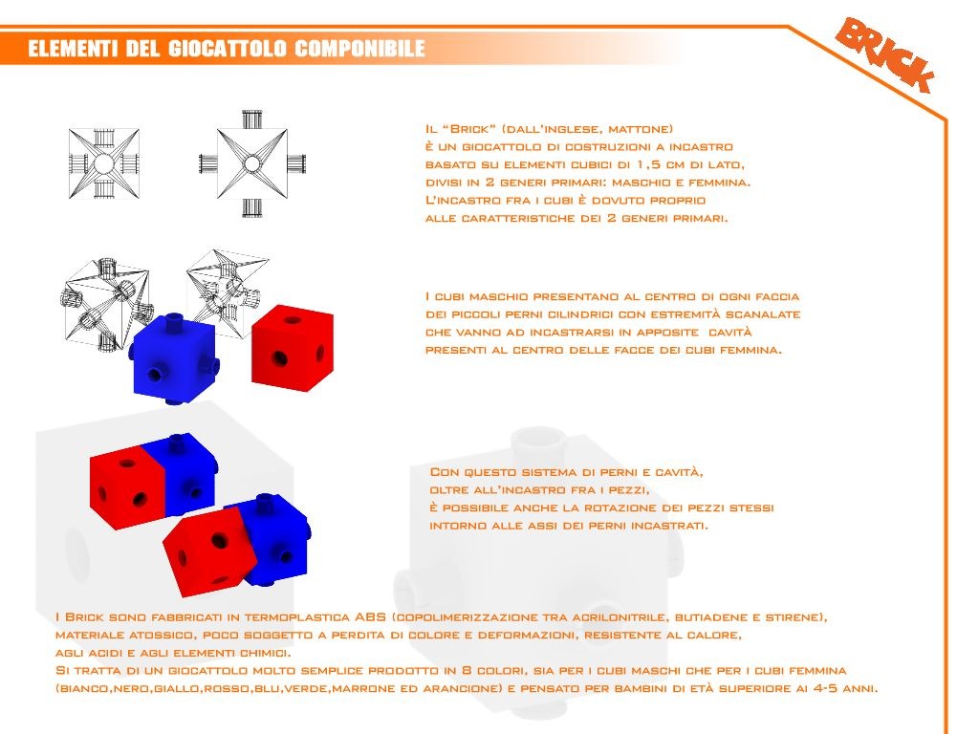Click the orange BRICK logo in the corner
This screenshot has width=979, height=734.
885,54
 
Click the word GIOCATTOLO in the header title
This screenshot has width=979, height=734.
226,49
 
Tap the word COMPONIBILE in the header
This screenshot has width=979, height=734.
359,49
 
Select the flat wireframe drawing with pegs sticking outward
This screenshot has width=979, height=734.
251,163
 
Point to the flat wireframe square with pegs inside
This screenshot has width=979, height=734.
103,164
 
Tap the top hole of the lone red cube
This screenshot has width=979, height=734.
293,321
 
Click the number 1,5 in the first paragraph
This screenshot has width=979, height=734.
652,165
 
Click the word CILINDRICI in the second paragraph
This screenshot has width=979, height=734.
578,314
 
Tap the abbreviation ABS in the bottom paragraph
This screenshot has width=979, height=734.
370,616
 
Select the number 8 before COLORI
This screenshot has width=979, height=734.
467,670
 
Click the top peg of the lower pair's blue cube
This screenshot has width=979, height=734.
266,501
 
